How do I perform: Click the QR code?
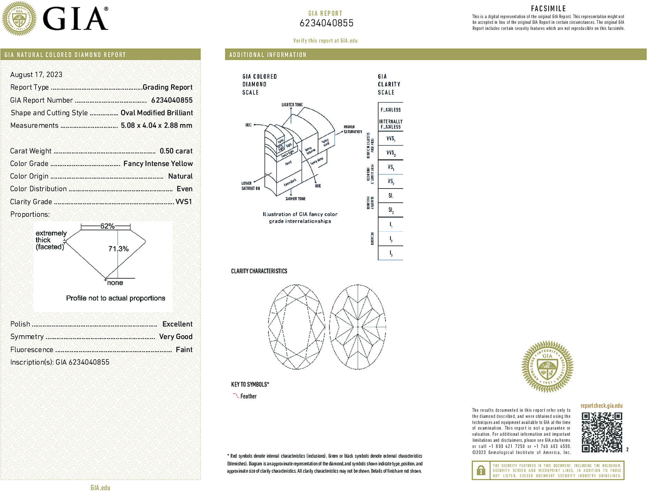click(602, 432)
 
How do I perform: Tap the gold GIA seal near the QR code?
click(547, 366)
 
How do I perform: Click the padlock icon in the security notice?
click(481, 470)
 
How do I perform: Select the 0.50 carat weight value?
click(176, 151)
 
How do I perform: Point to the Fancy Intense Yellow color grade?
click(158, 164)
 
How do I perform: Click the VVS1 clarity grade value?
click(183, 202)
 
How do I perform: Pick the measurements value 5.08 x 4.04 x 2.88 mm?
click(156, 125)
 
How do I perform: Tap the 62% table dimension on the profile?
click(107, 226)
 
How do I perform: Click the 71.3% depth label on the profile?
click(118, 249)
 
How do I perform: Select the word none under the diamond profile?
click(115, 283)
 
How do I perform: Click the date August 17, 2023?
click(36, 75)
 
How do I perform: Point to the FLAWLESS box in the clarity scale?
click(390, 110)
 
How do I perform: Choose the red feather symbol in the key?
click(236, 396)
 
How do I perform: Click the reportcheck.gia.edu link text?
click(601, 406)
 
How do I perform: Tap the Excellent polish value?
click(177, 324)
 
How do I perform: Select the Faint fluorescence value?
click(184, 349)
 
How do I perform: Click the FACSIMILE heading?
click(548, 9)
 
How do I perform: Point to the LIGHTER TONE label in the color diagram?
click(292, 105)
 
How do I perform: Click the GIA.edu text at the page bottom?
click(100, 488)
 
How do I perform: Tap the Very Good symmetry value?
click(175, 337)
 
